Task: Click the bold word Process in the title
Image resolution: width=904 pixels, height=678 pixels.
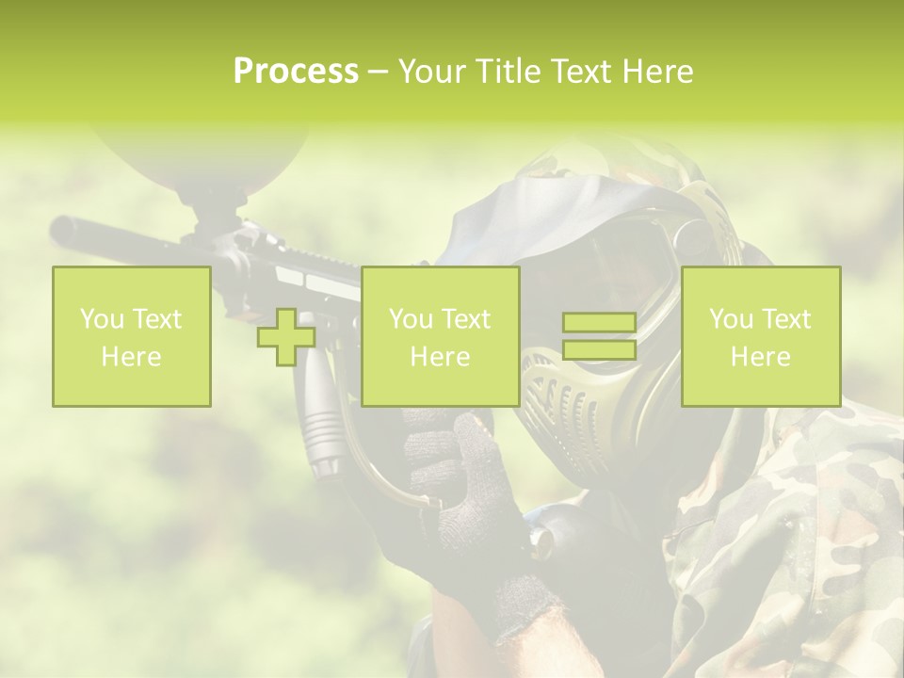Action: (x=296, y=72)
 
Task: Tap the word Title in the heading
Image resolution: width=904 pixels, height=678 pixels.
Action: (x=509, y=72)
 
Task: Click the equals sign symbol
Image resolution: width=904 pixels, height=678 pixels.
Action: (x=599, y=337)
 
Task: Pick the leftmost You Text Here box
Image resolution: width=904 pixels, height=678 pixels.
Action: (x=132, y=337)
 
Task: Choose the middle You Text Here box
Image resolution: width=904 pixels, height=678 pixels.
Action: (x=440, y=337)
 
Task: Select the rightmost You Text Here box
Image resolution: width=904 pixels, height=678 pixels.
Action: (x=761, y=337)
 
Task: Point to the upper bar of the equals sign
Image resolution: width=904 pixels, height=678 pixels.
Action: (x=599, y=323)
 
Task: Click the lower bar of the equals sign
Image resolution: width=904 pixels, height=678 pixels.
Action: (x=599, y=350)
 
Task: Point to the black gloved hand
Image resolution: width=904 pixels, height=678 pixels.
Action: (x=461, y=490)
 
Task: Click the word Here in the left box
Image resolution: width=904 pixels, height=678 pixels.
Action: (x=132, y=357)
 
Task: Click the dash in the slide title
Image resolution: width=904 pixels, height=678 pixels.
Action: (x=379, y=72)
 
